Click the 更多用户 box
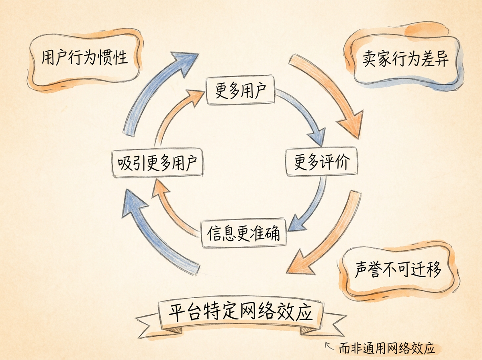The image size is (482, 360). tap(240, 90)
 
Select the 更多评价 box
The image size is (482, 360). tap(321, 162)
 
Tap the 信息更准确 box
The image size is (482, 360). tap(243, 233)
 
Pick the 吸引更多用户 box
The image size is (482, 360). tap(157, 163)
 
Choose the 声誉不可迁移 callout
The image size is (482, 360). tap(398, 270)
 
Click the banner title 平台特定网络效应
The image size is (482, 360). tap(240, 313)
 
